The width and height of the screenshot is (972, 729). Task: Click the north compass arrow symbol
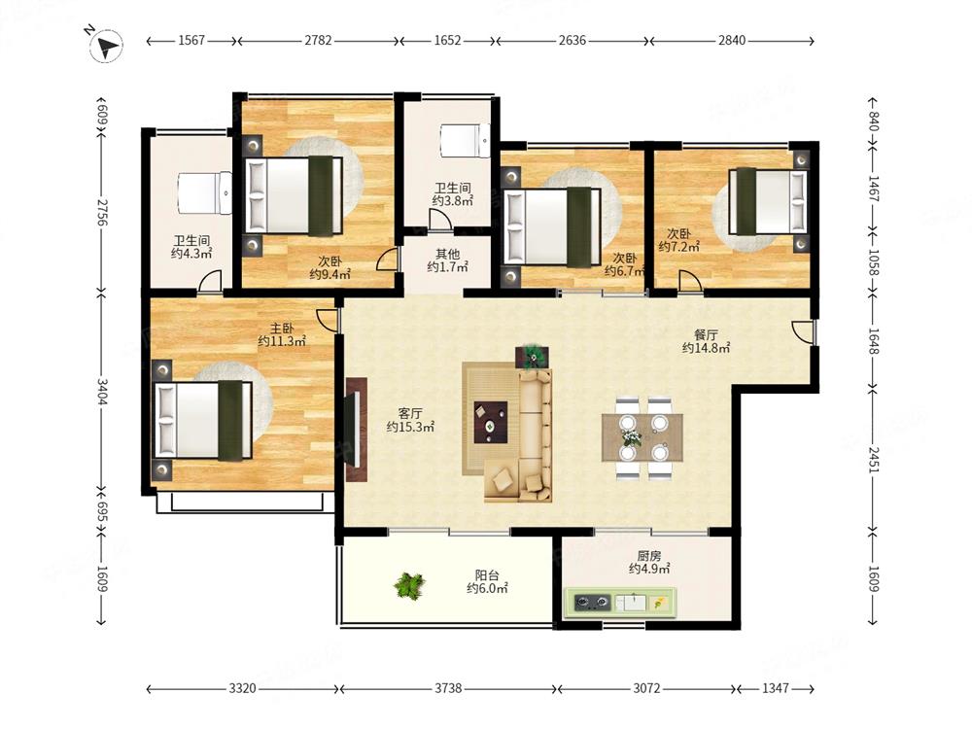[x=107, y=46]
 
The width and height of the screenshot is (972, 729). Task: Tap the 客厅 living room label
[x=410, y=413]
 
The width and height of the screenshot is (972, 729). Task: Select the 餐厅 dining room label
[x=706, y=334]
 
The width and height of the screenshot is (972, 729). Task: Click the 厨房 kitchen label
[x=648, y=555]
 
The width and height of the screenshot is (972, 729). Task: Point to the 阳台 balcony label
[x=487, y=575]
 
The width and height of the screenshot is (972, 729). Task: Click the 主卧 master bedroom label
[x=282, y=328]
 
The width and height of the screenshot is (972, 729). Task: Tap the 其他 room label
[x=447, y=254]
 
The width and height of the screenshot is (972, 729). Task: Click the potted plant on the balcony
[x=410, y=584]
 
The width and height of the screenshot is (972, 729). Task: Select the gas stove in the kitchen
[x=592, y=602]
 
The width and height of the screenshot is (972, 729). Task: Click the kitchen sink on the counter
[x=631, y=602]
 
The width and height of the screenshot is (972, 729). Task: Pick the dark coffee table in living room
[x=491, y=422]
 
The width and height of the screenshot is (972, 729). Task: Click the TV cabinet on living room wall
[x=357, y=430]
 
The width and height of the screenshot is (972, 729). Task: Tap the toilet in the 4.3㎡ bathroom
[x=204, y=193]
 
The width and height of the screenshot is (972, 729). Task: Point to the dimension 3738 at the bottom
[x=447, y=688]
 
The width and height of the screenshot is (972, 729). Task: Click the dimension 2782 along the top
[x=318, y=40]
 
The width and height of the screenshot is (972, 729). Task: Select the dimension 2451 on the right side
[x=874, y=460]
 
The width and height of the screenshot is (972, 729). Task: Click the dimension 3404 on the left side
[x=103, y=392]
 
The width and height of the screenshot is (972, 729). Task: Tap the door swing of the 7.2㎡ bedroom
[x=689, y=280]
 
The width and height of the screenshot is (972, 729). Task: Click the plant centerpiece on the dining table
[x=632, y=437]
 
